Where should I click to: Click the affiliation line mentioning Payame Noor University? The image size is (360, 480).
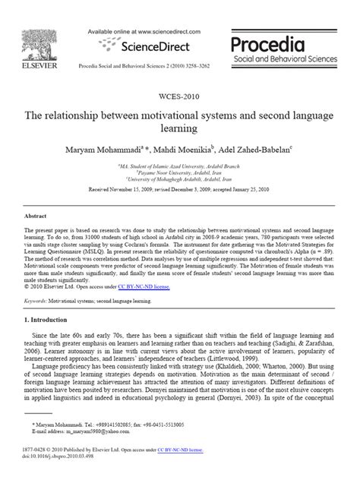[179, 171]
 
